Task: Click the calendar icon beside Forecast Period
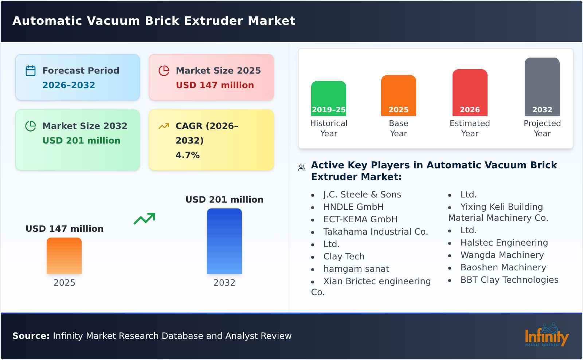coord(31,71)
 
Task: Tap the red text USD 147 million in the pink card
coord(215,85)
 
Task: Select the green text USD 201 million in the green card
coord(81,141)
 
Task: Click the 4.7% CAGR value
coord(187,155)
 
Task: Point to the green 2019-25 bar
coord(328,98)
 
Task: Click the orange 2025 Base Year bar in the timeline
coord(398,95)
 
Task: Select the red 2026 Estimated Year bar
coord(470,93)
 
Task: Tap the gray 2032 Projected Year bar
coord(542,87)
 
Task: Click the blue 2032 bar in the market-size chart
coord(224,241)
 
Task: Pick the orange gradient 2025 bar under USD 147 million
coord(64,256)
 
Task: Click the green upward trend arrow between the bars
coord(144,219)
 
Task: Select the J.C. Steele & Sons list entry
coord(362,195)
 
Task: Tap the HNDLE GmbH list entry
coord(353,207)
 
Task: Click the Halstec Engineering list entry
coord(504,243)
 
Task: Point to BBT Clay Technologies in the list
coord(509,280)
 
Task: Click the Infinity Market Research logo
coord(546,335)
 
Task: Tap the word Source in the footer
coord(31,336)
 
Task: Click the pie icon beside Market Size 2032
coord(31,126)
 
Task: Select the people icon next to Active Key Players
coord(302,168)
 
